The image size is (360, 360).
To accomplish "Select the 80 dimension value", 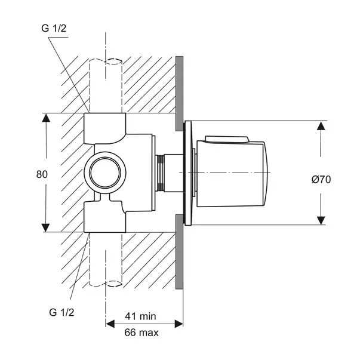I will (x=41, y=174).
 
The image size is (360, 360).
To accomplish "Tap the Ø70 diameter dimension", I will (x=321, y=179).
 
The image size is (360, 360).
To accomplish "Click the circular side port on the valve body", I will (x=106, y=173).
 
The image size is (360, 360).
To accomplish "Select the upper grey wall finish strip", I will (x=179, y=93).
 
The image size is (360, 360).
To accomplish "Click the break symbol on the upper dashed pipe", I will (x=106, y=61).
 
